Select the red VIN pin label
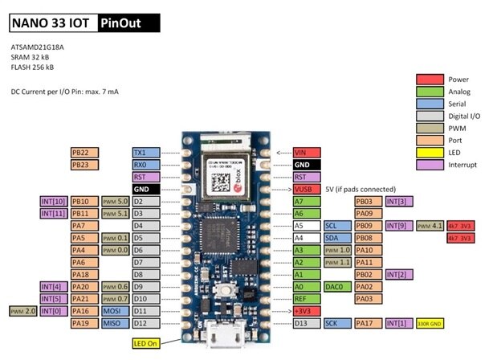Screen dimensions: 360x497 point(307,152)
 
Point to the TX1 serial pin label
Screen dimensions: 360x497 point(145,152)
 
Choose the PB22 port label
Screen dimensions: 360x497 point(84,152)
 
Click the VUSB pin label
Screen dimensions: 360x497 point(307,189)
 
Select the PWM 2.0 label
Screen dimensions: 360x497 point(22,311)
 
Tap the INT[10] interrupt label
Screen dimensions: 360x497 point(52,201)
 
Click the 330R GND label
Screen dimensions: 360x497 point(430,323)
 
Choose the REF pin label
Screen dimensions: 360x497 point(307,298)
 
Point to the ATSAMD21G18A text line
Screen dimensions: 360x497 point(38,47)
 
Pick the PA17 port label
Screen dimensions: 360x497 point(368,323)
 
